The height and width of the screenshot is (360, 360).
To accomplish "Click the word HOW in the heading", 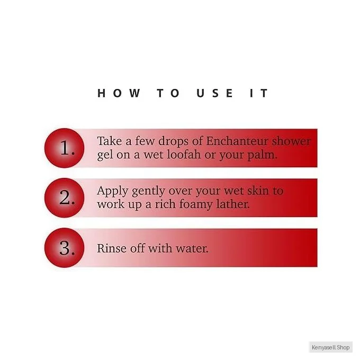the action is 119,93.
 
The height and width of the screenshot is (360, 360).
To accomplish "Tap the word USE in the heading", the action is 214,93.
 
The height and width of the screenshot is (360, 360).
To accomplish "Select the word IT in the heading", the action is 259,93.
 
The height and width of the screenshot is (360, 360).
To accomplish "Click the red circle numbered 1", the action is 64,148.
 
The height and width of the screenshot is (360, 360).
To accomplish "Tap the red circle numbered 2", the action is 64,197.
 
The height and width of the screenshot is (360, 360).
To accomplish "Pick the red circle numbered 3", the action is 64,248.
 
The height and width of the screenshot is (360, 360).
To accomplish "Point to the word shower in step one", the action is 291,141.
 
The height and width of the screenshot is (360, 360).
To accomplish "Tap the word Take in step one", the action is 109,141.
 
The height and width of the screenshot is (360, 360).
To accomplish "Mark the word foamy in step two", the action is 196,205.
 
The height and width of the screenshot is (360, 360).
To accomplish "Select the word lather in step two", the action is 233,204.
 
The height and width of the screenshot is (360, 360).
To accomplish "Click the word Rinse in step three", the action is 112,248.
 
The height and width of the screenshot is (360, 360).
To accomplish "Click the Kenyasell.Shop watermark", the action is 330,347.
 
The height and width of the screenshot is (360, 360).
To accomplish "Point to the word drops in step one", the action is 173,142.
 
